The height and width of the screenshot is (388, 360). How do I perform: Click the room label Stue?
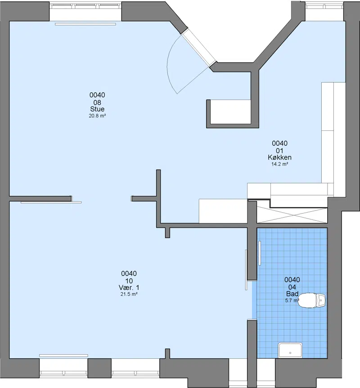coord(97,109)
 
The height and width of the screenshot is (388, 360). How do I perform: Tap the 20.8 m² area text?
coord(97,116)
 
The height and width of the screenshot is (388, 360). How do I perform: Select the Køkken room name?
coord(279,157)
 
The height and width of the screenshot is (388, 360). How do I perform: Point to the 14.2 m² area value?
coord(279,164)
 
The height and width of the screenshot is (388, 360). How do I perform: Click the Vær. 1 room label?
coord(129,288)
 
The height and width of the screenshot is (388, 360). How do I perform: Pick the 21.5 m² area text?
coord(129,294)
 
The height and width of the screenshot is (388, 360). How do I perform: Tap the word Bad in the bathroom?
coord(292,294)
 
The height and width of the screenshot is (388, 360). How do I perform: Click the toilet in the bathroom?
coord(312,300)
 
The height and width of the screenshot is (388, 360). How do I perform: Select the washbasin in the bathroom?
coord(290,350)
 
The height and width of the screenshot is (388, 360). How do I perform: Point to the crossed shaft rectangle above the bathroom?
coord(292,215)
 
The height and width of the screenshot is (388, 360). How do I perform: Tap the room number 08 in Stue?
coord(97,103)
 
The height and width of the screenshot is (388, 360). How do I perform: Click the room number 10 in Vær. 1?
coord(129,281)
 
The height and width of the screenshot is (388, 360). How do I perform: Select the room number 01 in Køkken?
coord(279,151)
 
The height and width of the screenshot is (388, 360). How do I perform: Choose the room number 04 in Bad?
coord(292,287)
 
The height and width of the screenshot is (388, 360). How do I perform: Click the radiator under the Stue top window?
coord(85,24)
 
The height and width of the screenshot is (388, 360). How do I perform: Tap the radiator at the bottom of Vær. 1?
coord(63,356)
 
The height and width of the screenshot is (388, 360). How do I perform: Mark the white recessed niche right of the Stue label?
coord(230,112)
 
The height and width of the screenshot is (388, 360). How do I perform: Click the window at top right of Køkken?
coord(324,11)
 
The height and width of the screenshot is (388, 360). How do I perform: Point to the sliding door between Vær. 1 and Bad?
coord(246,270)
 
